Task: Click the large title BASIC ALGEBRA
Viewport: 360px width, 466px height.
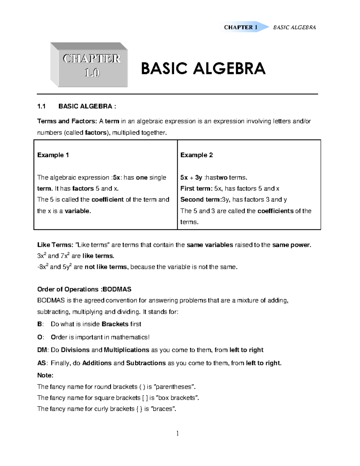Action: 203,68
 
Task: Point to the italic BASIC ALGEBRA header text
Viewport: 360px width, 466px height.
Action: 294,28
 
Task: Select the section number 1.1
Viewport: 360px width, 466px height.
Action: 41,106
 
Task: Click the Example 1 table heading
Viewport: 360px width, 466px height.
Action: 53,155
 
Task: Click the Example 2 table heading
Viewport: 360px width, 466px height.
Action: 196,155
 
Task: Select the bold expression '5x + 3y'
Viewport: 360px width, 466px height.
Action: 191,178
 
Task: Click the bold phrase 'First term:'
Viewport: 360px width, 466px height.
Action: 196,189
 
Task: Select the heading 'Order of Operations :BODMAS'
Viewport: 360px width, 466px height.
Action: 84,290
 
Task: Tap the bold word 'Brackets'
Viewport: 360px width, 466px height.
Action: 115,324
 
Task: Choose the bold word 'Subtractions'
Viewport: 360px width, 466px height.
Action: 146,363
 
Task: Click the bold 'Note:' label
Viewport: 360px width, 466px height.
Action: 45,375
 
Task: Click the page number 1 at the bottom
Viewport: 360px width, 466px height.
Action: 178,433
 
